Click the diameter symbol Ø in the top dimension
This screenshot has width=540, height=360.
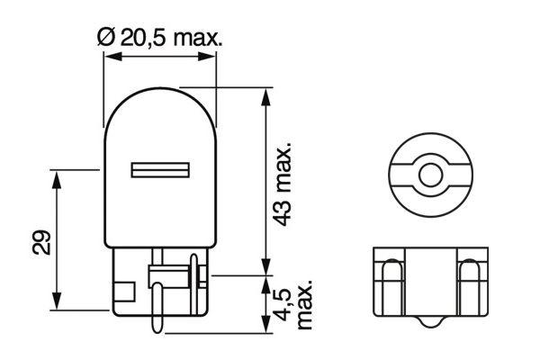click(104, 37)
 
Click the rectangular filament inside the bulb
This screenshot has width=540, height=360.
click(159, 169)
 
